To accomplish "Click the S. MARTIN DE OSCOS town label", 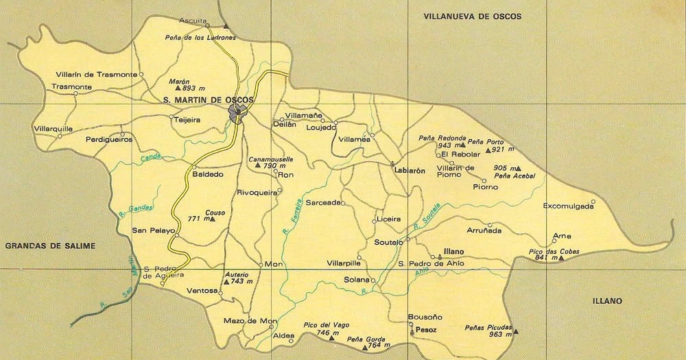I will (x=209, y=100).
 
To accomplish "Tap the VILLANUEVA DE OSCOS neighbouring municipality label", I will (x=473, y=16).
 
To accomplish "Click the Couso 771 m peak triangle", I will (x=213, y=219).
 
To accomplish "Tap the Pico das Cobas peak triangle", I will (x=560, y=259).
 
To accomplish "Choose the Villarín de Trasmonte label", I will (x=96, y=74).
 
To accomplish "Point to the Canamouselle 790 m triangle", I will (x=257, y=165).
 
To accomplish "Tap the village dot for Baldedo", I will (x=194, y=167).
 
